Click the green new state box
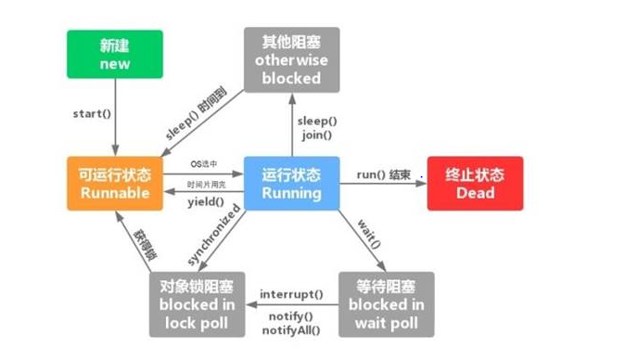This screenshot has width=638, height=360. [x=114, y=54]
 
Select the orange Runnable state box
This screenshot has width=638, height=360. [x=114, y=183]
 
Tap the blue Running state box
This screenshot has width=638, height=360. [x=291, y=183]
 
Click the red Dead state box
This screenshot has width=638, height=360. [x=475, y=183]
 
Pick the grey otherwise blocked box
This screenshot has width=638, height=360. [x=291, y=59]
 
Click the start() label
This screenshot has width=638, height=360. [x=92, y=114]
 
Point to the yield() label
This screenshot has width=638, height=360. [x=205, y=201]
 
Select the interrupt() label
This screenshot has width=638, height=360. [x=291, y=294]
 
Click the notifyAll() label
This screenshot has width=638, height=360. [x=291, y=328]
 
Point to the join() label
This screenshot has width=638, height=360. [x=317, y=135]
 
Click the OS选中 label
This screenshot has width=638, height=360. [x=206, y=164]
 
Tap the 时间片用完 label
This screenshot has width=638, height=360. [x=206, y=185]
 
